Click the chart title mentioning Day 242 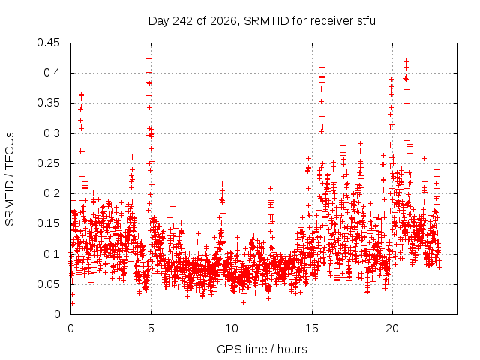pos(262,21)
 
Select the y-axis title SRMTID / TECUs pos(10,179)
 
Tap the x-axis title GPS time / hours pos(262,349)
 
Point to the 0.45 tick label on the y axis pos(48,43)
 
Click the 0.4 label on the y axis pos(52,73)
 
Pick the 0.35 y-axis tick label pos(48,103)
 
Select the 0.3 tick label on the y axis pos(52,133)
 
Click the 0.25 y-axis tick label pos(48,163)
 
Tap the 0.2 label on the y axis pos(52,193)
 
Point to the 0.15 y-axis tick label pos(48,223)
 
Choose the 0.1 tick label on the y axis pos(52,254)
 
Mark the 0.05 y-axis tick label pos(48,284)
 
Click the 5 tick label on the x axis pos(151,328)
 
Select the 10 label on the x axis pos(232,328)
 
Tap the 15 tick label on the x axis pos(312,328)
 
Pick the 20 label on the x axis pos(392,328)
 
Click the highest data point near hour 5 pos(148,58)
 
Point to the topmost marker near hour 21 pos(406,61)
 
